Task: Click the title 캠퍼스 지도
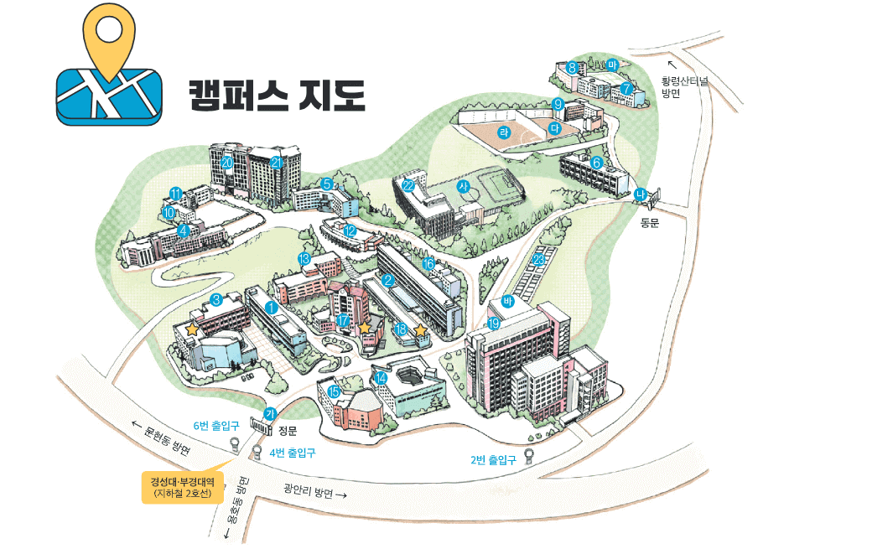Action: coord(276,93)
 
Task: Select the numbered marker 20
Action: coord(227,161)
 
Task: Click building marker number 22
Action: coord(408,185)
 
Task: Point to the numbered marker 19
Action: coord(494,323)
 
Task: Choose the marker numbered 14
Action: coord(382,377)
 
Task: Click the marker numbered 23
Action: coord(539,259)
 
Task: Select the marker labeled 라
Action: coord(505,131)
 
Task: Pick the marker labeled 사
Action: coord(462,186)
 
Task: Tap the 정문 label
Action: coord(288,431)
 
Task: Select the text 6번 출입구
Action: coord(216,426)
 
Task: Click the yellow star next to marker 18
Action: coord(420,330)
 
